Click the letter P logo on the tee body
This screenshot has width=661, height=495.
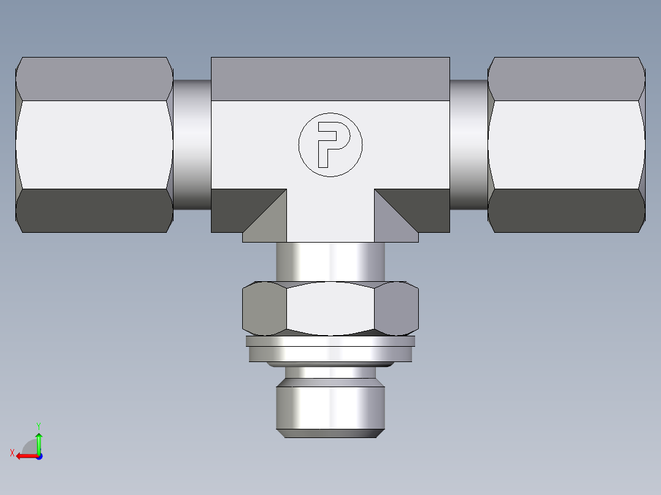[x=330, y=145]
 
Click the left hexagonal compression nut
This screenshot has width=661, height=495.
[x=94, y=145]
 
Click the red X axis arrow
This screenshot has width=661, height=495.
[x=25, y=456]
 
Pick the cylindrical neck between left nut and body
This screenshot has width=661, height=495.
[x=192, y=145]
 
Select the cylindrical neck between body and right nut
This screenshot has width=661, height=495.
[x=469, y=145]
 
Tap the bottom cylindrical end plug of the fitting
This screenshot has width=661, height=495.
[x=330, y=407]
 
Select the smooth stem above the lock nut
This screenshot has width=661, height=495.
[x=330, y=262]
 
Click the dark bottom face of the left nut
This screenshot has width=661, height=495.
[x=94, y=210]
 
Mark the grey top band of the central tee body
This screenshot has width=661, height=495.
[x=330, y=78]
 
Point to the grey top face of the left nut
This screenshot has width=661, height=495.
[x=94, y=78]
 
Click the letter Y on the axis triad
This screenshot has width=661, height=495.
[x=38, y=425]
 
